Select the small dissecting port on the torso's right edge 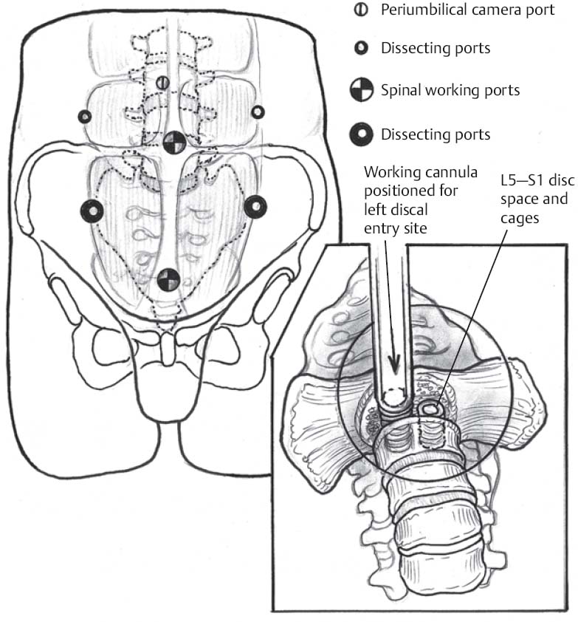[x=258, y=112]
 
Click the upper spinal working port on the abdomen [x=175, y=143]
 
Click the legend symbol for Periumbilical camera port [x=362, y=11]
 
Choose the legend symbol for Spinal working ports [x=362, y=91]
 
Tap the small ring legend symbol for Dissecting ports [x=362, y=49]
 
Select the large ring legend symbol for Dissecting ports [x=362, y=134]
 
